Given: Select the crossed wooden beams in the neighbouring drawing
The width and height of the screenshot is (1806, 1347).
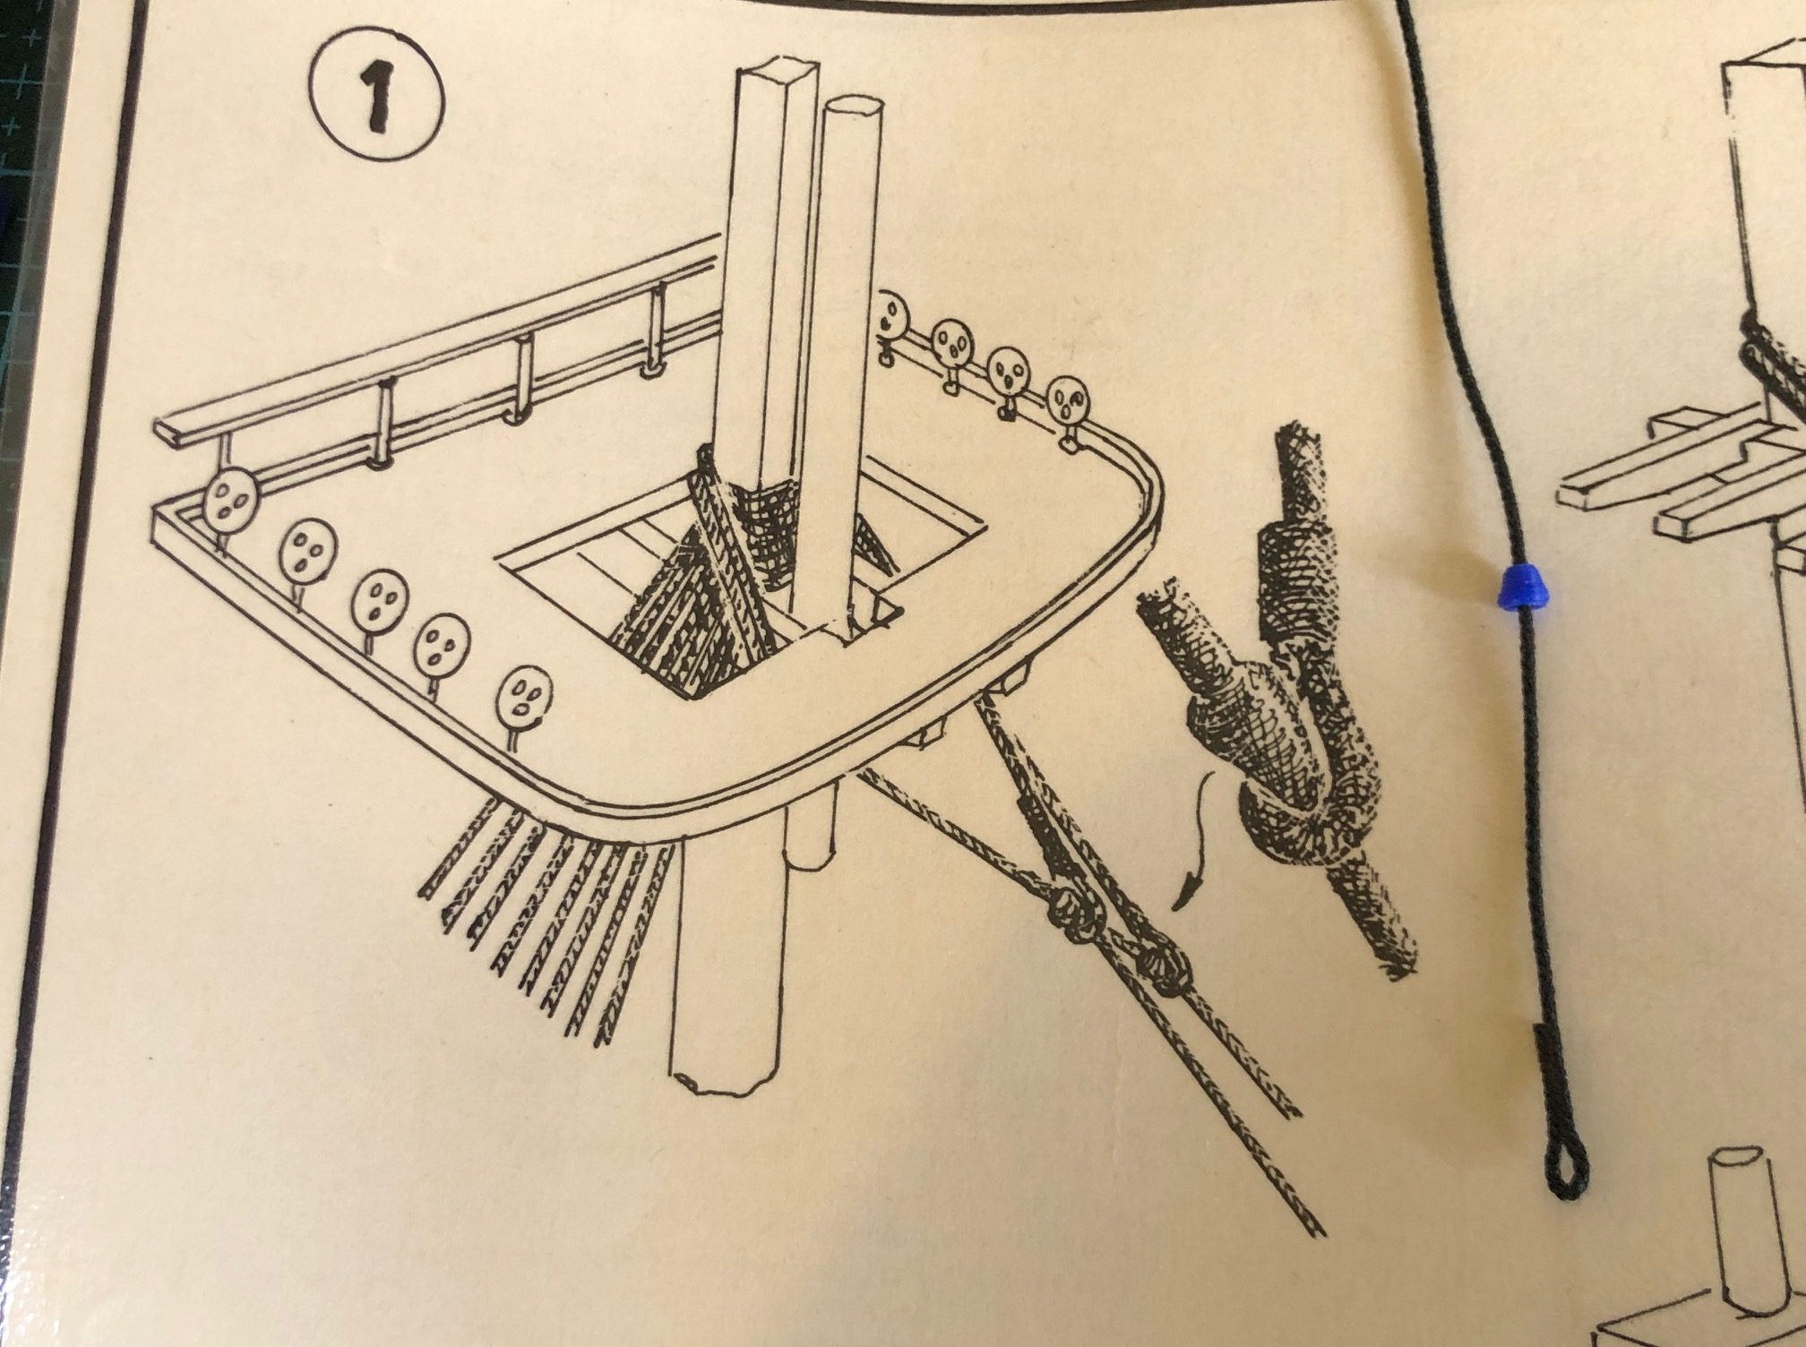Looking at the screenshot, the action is pyautogui.click(x=1684, y=484).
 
